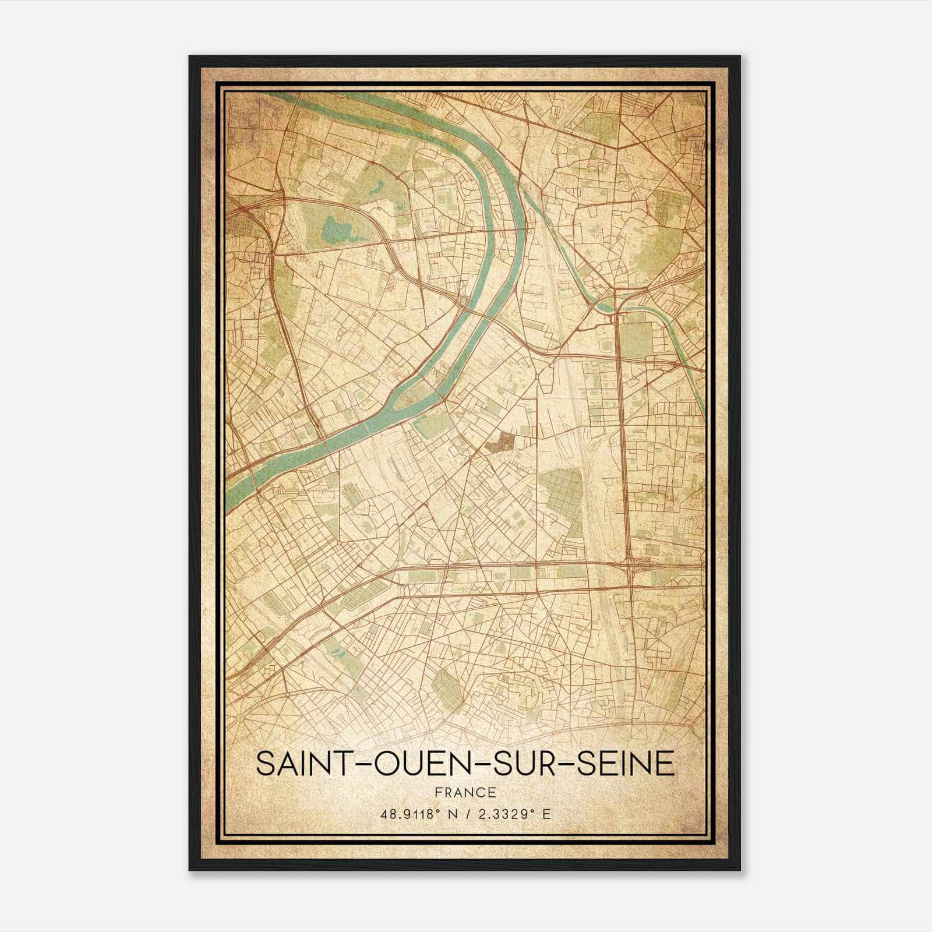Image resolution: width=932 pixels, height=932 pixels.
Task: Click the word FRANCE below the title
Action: click(465, 792)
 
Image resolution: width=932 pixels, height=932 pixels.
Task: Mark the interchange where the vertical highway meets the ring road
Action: click(632, 564)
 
